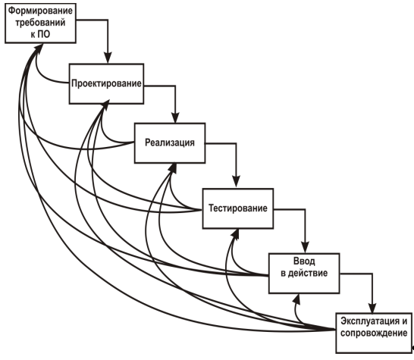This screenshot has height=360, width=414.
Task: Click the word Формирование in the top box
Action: (x=40, y=11)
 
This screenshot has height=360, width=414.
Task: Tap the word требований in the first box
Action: (x=40, y=23)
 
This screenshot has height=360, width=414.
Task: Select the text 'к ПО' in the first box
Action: (x=40, y=34)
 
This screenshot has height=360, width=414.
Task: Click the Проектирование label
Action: (x=106, y=83)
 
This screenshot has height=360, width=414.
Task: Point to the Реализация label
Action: (x=170, y=142)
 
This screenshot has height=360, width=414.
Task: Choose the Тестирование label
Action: (x=238, y=208)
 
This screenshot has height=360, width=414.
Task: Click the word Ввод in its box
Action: (x=304, y=261)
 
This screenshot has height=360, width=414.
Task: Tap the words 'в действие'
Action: (x=304, y=273)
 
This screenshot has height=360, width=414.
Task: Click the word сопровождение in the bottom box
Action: (x=374, y=333)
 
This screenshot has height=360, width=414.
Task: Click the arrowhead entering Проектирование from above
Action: (x=108, y=58)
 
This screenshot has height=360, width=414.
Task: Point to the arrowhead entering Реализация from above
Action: (x=175, y=117)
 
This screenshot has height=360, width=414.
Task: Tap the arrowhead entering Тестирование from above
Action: (x=236, y=182)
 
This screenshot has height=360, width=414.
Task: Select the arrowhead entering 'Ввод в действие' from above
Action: (x=306, y=248)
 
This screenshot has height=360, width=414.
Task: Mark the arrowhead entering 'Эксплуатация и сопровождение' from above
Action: (x=372, y=308)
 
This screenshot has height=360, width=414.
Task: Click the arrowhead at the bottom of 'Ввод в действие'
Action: (x=297, y=299)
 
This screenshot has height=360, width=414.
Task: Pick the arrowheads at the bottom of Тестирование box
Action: (x=236, y=234)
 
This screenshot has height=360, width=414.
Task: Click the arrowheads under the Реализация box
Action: (x=173, y=168)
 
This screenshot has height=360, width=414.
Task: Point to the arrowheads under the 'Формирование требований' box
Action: (x=38, y=49)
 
